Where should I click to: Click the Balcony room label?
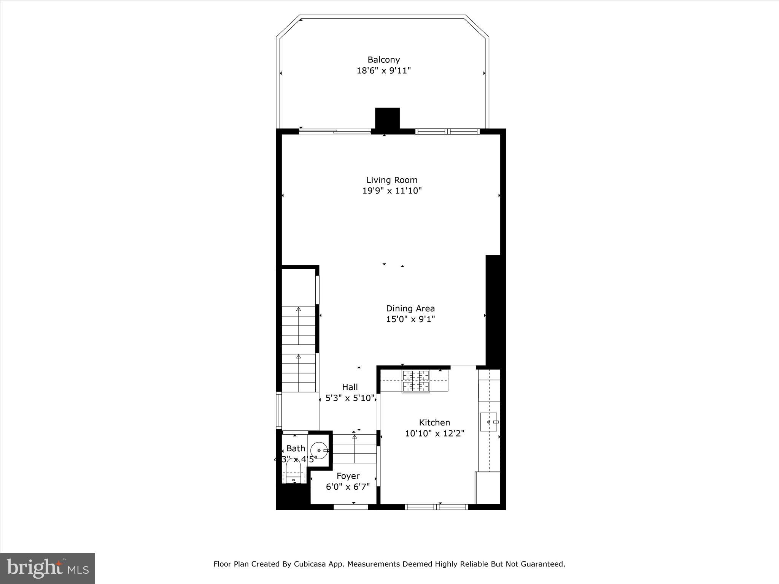[x=383, y=60]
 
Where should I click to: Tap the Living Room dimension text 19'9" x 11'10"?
[x=392, y=191]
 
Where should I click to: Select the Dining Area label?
[x=410, y=308]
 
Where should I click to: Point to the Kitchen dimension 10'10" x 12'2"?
[x=434, y=433]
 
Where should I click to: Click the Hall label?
[x=350, y=387]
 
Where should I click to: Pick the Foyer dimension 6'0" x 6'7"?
[x=348, y=487]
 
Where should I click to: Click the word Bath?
[x=296, y=448]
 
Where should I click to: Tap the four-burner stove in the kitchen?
[x=416, y=381]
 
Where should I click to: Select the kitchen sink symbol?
[x=489, y=422]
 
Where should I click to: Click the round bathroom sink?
[x=319, y=451]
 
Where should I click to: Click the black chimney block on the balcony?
[x=387, y=118]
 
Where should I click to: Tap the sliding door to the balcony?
[x=335, y=131]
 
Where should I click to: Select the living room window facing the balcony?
[x=447, y=132]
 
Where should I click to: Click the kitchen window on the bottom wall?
[x=436, y=507]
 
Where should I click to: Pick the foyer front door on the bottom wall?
[x=351, y=507]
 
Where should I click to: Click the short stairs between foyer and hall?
[x=355, y=449]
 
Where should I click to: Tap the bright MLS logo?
[x=48, y=568]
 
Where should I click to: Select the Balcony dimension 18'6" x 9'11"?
[x=383, y=71]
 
